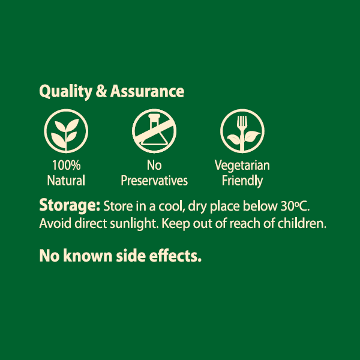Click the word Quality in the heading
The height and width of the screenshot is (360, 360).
[x=65, y=92]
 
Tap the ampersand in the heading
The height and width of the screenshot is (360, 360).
[x=101, y=91]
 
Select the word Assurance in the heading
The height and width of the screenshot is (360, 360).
[x=147, y=91]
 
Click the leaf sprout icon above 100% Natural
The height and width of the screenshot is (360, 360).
[x=66, y=131]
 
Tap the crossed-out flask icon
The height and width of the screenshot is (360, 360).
[x=154, y=131]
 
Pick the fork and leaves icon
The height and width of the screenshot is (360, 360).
[x=242, y=131]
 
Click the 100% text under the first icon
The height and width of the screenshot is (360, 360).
[x=67, y=165]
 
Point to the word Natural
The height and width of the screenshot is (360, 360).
[x=66, y=181]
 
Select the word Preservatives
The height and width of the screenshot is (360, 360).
[x=154, y=181]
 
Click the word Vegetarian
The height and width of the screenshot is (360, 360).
[x=242, y=166]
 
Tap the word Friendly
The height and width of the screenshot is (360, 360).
[x=242, y=181]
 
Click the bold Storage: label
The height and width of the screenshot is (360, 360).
[x=70, y=206]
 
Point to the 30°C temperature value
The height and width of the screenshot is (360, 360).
[x=295, y=206]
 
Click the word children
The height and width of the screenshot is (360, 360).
[x=302, y=223]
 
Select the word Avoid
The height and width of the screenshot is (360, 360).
[x=55, y=223]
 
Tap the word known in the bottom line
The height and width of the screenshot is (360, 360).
[x=88, y=256]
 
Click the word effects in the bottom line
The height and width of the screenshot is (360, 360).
[x=175, y=256]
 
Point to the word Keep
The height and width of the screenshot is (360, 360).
[x=176, y=224]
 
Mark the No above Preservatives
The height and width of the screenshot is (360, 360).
[x=154, y=166]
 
